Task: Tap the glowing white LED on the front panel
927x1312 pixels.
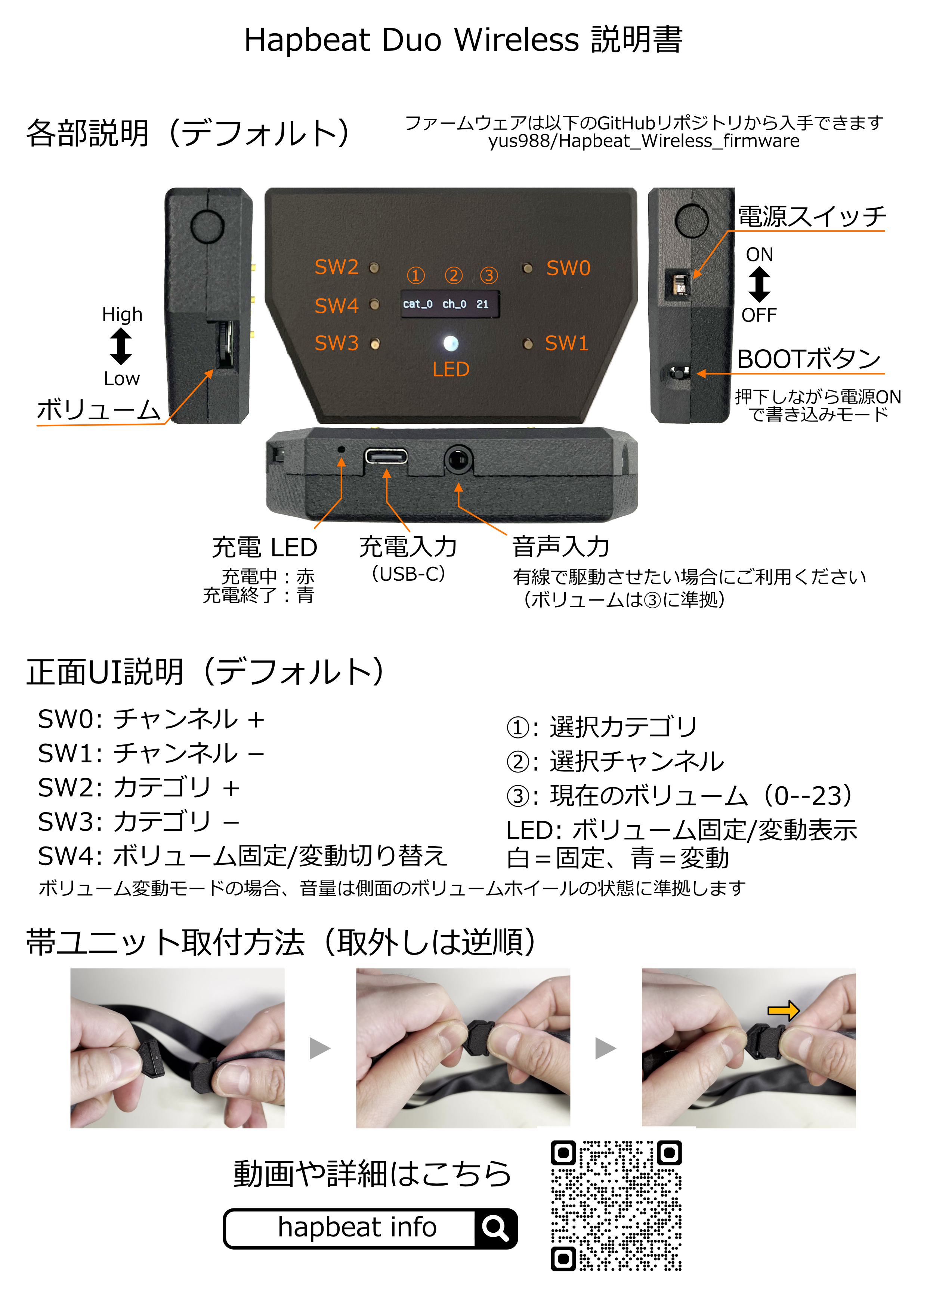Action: [451, 343]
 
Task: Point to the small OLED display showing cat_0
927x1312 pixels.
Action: [450, 304]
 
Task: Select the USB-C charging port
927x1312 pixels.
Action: [386, 457]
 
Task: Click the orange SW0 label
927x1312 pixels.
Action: [568, 268]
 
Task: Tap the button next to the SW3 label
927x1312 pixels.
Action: [375, 344]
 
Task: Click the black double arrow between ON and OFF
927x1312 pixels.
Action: [759, 285]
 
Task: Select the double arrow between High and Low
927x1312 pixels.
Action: [121, 346]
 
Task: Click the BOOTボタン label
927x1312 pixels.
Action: [809, 359]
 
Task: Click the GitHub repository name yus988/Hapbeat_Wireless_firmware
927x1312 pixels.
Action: [644, 141]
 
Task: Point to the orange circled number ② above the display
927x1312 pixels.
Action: [454, 276]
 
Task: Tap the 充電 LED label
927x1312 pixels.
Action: [265, 547]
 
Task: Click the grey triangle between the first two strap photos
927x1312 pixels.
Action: [320, 1048]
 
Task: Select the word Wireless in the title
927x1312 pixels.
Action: [516, 40]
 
